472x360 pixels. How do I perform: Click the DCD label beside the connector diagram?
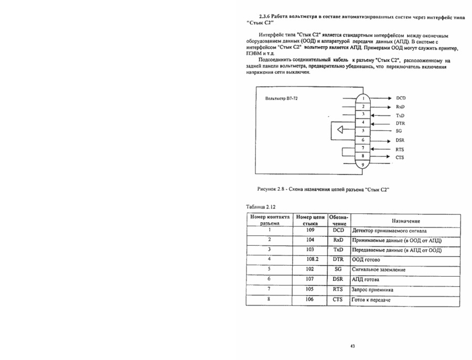point(401,98)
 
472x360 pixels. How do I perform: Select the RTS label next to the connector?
point(400,149)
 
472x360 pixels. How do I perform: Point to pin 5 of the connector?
point(363,131)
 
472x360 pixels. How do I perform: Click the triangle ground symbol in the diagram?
point(340,130)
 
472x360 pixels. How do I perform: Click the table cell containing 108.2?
point(313,259)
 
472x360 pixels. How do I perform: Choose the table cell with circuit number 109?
point(313,230)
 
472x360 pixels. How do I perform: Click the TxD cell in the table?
point(338,249)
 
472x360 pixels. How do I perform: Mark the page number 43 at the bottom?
point(352,346)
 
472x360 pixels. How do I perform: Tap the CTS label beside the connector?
point(400,157)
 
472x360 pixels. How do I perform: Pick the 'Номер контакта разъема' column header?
point(270,221)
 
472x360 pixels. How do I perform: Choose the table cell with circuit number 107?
point(313,279)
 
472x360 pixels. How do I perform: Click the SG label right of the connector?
point(399,131)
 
